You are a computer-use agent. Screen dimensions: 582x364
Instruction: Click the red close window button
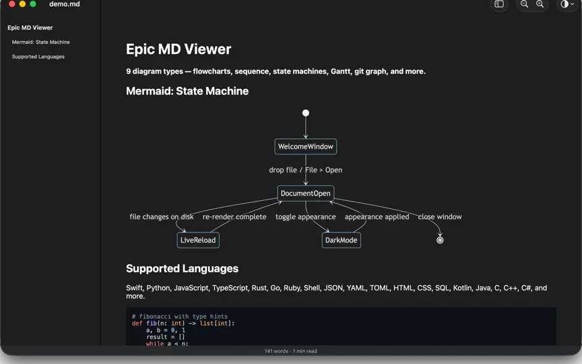12,4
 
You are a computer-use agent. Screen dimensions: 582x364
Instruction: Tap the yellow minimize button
22,4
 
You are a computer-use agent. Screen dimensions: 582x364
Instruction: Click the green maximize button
32,4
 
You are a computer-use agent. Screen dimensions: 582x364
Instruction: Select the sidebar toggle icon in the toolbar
499,4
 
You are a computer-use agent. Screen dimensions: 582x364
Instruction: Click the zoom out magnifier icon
524,4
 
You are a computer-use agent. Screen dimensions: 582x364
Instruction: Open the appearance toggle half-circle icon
564,4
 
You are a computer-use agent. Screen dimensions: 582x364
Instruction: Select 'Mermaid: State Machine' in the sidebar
41,42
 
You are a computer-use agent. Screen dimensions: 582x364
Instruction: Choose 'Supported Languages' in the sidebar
38,57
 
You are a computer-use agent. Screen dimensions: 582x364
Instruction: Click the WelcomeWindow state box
305,146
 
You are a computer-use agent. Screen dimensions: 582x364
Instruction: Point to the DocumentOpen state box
305,193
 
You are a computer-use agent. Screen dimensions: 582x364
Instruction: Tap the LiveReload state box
198,240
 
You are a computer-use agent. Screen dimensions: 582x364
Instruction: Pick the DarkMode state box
341,240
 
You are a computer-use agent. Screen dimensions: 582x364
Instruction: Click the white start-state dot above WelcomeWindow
305,113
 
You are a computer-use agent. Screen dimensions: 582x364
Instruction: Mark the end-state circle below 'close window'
440,240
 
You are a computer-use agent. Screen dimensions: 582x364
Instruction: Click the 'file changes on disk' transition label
162,216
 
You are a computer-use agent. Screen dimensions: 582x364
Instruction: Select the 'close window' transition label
440,216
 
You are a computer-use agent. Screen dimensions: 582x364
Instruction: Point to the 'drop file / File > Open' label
305,170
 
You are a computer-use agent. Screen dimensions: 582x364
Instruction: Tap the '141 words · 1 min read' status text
290,351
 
